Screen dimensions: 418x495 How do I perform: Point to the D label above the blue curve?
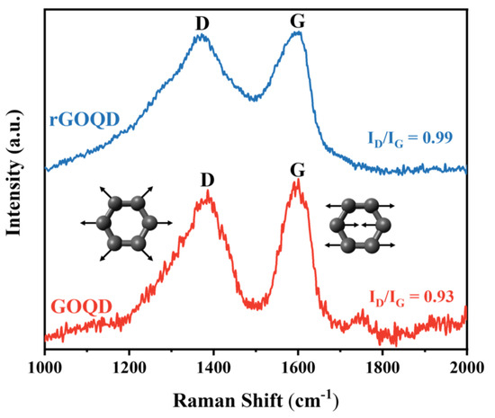[202, 18]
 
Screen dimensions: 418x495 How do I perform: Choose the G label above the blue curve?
[298, 16]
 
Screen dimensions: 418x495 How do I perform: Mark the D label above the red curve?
[209, 178]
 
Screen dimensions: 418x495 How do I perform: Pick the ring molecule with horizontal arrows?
[357, 225]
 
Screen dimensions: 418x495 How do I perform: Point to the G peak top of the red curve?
[296, 183]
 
